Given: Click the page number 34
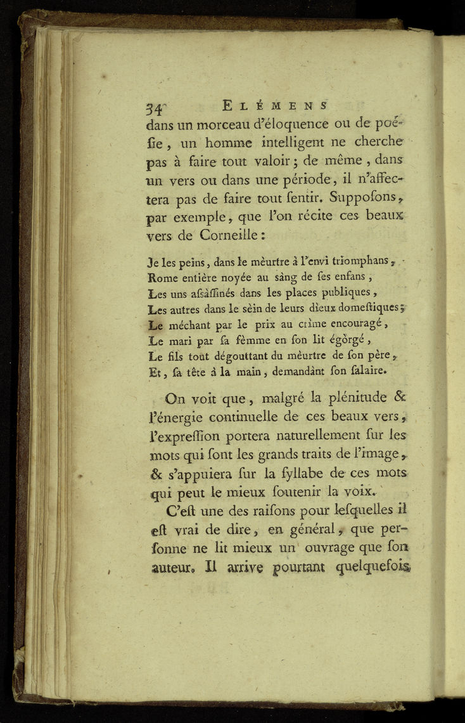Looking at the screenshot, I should coord(155,106).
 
